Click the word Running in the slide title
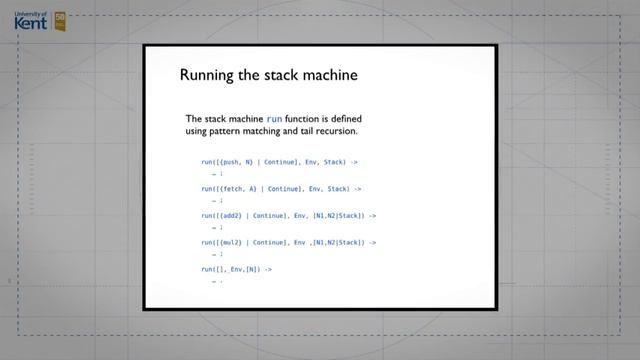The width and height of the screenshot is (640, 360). [205, 75]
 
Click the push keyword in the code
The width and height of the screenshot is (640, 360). [231, 161]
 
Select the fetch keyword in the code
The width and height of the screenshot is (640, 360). [233, 188]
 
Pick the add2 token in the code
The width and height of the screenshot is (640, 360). [231, 215]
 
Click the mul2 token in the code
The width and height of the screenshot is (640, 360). [231, 242]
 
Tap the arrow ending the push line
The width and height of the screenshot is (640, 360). [357, 161]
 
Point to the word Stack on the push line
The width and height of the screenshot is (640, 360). [335, 161]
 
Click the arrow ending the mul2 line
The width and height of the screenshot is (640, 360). [372, 242]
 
